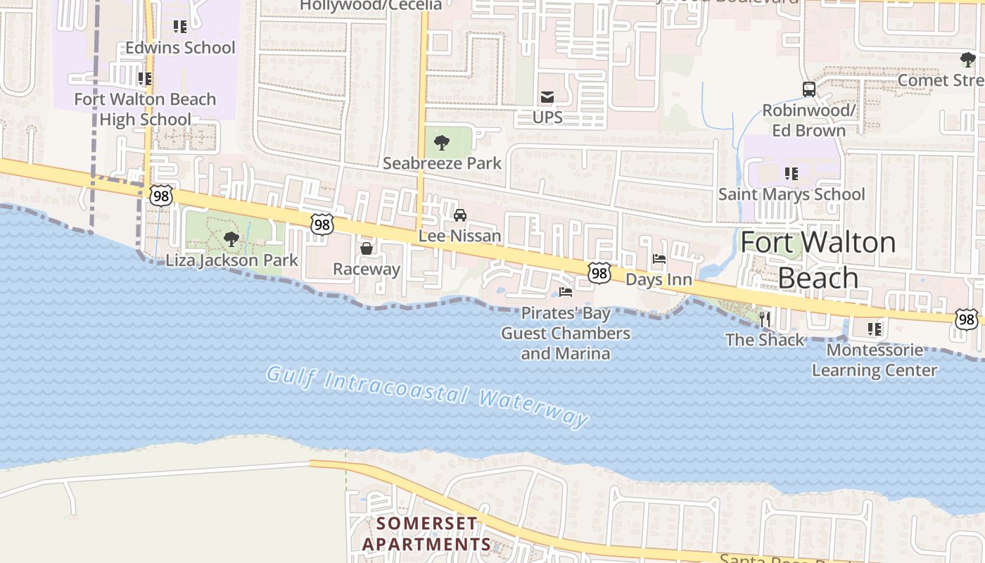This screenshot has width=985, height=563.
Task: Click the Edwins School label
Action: (x=180, y=48)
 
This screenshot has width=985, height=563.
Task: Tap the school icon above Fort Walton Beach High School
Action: (x=145, y=78)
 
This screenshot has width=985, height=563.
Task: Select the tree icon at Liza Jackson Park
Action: (x=231, y=239)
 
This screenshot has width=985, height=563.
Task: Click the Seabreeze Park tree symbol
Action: (x=442, y=143)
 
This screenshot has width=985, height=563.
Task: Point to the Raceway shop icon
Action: (x=367, y=248)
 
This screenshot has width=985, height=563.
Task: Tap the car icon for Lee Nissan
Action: (x=460, y=215)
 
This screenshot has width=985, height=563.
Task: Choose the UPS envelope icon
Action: (x=547, y=97)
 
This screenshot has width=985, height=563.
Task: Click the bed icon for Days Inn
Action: (x=659, y=259)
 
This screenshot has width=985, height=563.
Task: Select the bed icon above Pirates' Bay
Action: (x=566, y=292)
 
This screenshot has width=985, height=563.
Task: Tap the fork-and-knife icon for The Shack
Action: (x=765, y=319)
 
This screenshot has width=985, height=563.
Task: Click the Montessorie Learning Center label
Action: (x=875, y=360)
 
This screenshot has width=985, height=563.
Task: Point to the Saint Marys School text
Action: (x=792, y=194)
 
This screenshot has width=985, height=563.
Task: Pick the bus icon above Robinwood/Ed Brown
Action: (x=809, y=89)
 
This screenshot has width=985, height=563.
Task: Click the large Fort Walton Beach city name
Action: (x=818, y=260)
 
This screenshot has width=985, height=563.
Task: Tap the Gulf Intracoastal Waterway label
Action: (x=427, y=396)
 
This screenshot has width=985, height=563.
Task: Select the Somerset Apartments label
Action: (x=426, y=534)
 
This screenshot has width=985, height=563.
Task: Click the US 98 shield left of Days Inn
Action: (x=599, y=272)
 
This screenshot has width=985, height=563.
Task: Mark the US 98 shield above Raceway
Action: (x=322, y=224)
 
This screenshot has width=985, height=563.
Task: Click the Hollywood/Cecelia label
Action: (x=371, y=6)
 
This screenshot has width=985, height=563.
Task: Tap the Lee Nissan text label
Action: (x=460, y=236)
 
